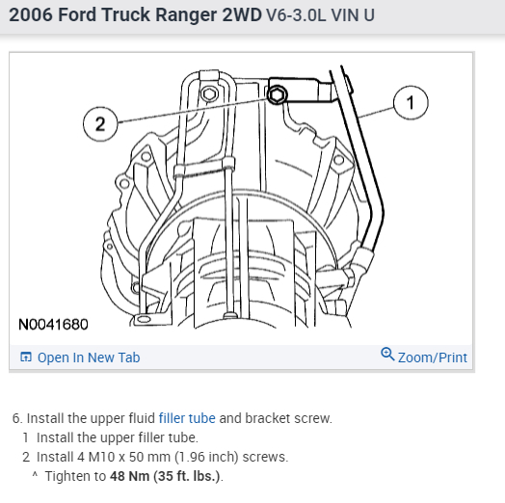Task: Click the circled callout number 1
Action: pyautogui.click(x=411, y=103)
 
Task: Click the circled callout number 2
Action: pyautogui.click(x=100, y=124)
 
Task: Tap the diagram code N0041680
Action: pyautogui.click(x=53, y=325)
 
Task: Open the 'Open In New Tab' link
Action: pyautogui.click(x=89, y=357)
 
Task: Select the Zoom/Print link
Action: pyautogui.click(x=432, y=357)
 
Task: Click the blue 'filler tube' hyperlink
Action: pyautogui.click(x=187, y=418)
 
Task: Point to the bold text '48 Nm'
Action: pyautogui.click(x=129, y=476)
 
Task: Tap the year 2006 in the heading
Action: pyautogui.click(x=31, y=14)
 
